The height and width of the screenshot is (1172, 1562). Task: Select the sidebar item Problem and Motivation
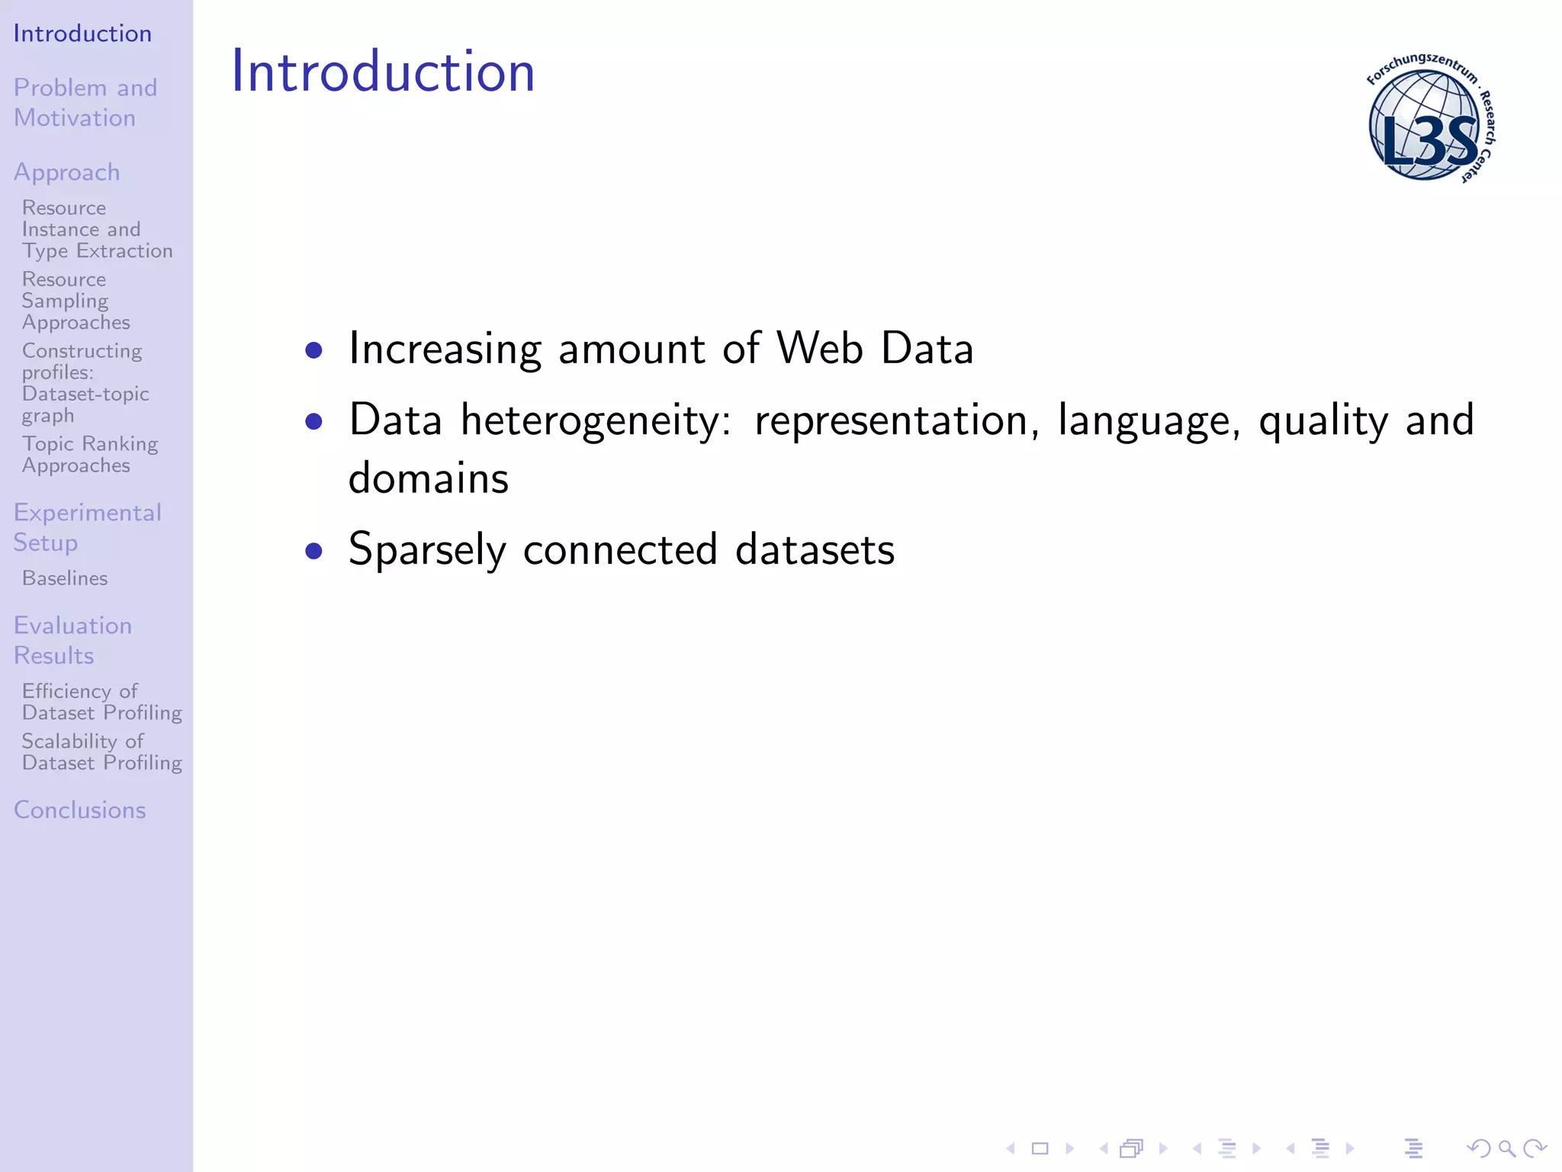(x=85, y=102)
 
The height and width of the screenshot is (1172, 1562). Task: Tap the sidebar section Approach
(x=67, y=172)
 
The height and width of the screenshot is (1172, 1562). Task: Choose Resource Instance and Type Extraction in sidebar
(x=97, y=229)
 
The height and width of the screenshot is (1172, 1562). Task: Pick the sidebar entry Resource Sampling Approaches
(x=76, y=301)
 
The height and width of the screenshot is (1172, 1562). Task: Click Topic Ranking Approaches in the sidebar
(x=89, y=454)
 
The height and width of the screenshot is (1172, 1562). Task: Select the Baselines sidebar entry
(x=65, y=578)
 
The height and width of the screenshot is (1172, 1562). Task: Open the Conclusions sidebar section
(x=79, y=810)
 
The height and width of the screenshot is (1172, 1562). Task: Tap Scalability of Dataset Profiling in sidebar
(x=101, y=752)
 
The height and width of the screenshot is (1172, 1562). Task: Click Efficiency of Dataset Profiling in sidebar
(x=101, y=701)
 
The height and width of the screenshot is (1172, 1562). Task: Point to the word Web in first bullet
(x=820, y=349)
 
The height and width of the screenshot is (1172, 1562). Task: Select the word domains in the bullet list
(x=428, y=478)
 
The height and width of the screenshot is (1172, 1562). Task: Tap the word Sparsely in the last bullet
(x=427, y=550)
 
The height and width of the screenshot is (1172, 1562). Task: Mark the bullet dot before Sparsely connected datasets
(x=313, y=550)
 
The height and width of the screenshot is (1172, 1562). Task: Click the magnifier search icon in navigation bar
(x=1506, y=1148)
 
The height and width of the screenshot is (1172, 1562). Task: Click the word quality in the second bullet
(x=1323, y=421)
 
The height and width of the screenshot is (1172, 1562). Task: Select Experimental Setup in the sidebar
(x=87, y=527)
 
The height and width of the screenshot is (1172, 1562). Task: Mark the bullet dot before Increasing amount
(x=313, y=350)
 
